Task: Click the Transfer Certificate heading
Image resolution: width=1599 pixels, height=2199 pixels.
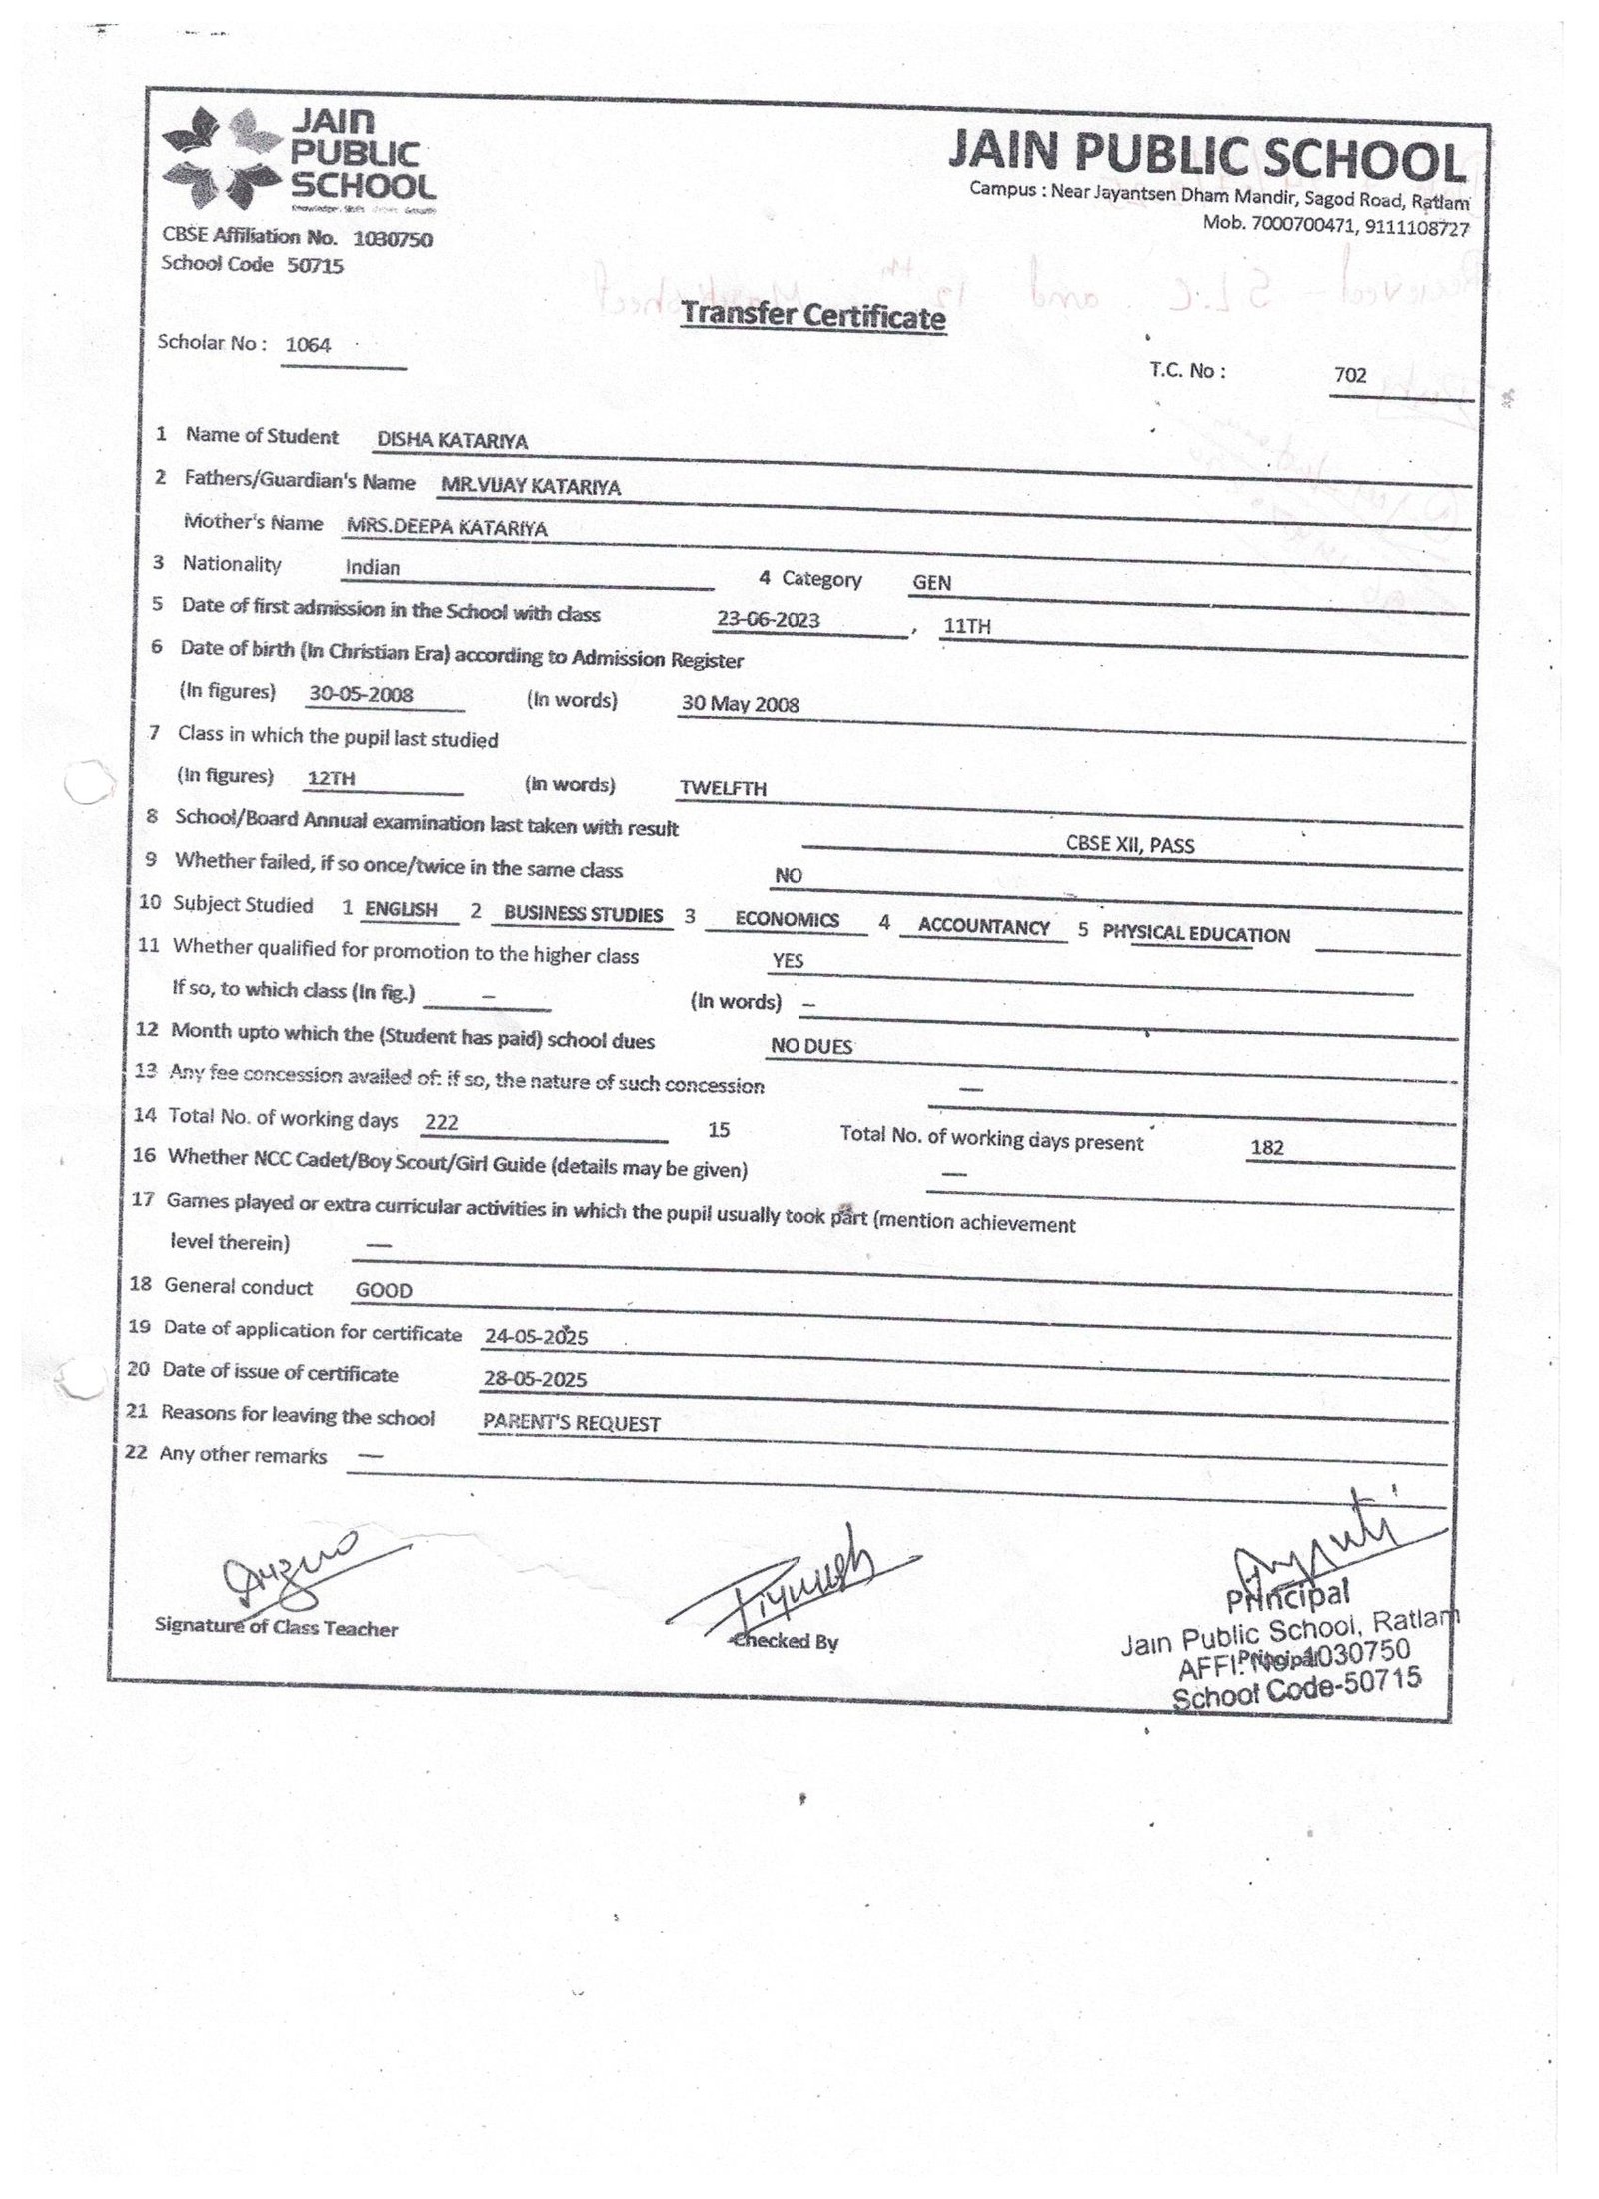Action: click(x=811, y=317)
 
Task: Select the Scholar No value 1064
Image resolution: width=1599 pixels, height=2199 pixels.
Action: click(x=308, y=345)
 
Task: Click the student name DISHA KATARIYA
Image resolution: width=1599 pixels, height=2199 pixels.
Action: click(x=452, y=441)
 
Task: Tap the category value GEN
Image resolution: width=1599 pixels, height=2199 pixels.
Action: click(x=931, y=582)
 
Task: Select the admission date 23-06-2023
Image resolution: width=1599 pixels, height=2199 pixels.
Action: click(x=768, y=620)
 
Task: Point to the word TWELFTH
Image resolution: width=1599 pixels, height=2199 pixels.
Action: click(x=723, y=789)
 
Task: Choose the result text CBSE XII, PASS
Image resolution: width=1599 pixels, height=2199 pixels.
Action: click(x=1129, y=845)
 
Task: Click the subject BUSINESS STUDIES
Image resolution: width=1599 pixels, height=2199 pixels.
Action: click(x=583, y=914)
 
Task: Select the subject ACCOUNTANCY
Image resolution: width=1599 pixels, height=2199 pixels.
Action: click(x=983, y=927)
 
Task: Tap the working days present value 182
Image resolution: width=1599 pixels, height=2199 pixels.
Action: click(x=1266, y=1148)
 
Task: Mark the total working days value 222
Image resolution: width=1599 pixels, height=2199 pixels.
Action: click(x=441, y=1123)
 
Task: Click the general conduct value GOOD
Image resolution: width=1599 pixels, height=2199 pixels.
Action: click(x=384, y=1291)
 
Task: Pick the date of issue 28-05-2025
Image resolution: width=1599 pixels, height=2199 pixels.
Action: click(x=535, y=1380)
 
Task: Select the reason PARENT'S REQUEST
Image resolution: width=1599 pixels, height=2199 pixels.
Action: click(x=571, y=1424)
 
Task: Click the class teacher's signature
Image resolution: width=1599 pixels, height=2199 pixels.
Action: click(x=285, y=1568)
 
